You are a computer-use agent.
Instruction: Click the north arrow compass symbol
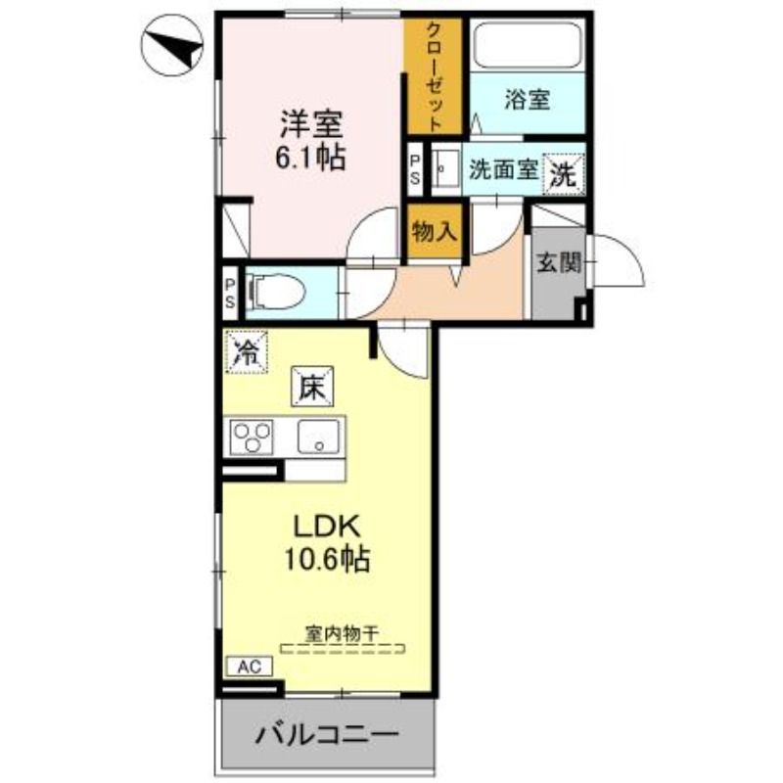172,45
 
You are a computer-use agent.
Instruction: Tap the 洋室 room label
310,124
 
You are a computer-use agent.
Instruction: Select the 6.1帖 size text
309,158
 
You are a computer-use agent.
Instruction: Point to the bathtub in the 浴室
528,45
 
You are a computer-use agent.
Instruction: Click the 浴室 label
528,100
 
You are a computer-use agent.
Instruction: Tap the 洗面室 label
503,170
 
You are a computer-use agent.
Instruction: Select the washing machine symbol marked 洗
564,173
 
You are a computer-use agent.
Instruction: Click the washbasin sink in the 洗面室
445,167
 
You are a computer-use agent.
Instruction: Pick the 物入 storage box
434,232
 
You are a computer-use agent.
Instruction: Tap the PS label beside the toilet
230,293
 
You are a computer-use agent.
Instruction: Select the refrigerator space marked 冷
247,352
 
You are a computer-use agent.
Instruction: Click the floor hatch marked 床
312,387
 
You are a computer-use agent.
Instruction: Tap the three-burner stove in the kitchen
252,438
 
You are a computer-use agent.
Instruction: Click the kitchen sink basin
319,437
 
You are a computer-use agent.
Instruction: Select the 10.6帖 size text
327,558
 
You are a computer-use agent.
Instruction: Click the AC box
250,667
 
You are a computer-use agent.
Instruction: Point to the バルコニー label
327,735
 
